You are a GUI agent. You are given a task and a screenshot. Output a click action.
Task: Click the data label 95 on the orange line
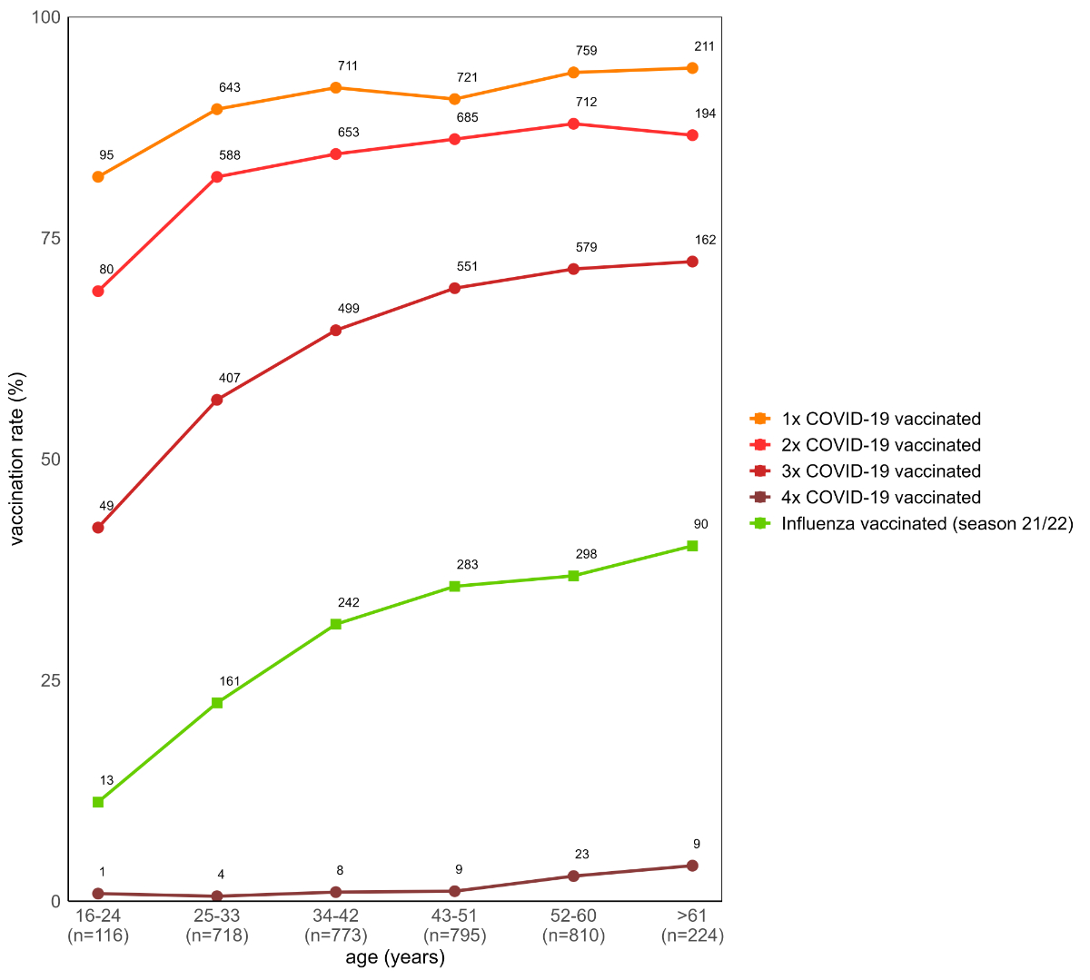106,155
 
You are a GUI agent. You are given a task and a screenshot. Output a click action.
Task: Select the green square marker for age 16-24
98,802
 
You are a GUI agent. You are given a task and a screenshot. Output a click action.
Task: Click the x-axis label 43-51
454,916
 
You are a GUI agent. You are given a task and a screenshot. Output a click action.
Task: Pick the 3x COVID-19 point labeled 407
217,400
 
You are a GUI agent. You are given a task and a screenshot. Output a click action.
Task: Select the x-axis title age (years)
395,958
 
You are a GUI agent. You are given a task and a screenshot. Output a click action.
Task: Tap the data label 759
586,51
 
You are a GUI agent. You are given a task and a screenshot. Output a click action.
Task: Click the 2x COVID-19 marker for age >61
692,135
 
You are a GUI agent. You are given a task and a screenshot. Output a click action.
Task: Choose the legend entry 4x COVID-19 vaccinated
880,498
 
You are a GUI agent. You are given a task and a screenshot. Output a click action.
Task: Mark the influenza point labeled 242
336,624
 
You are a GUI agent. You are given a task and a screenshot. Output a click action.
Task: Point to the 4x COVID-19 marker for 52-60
573,876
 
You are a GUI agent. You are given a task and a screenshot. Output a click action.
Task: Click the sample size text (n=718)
216,935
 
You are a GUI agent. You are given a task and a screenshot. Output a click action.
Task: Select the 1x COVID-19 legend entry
880,419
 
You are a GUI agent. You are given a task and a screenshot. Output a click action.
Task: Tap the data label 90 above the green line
700,524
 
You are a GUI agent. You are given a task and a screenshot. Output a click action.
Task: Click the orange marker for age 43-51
454,99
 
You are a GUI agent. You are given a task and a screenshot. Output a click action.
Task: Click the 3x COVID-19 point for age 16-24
98,528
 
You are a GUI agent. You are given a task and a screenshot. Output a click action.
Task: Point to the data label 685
467,117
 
